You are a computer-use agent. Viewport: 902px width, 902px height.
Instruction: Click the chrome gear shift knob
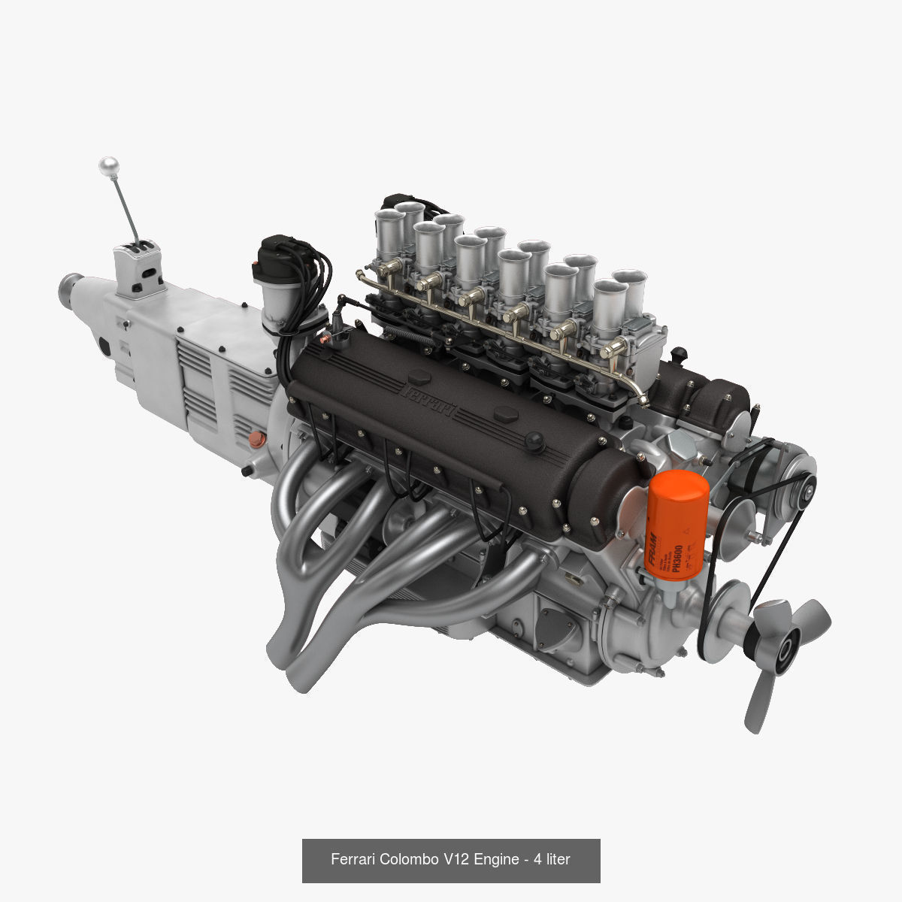(x=110, y=165)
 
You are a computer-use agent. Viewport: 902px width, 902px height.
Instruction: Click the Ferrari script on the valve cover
(x=430, y=399)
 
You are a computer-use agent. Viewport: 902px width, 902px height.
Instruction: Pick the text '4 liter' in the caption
(x=552, y=859)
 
